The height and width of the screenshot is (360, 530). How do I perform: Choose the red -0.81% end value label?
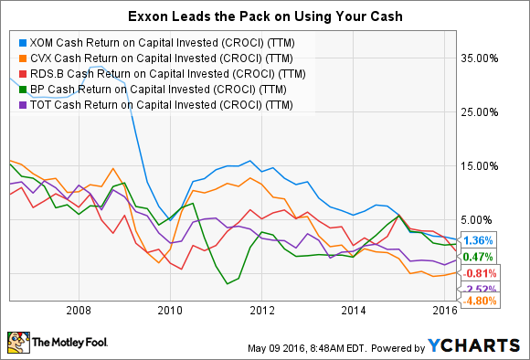(501, 272)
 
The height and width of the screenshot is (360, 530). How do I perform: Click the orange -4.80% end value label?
(501, 301)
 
